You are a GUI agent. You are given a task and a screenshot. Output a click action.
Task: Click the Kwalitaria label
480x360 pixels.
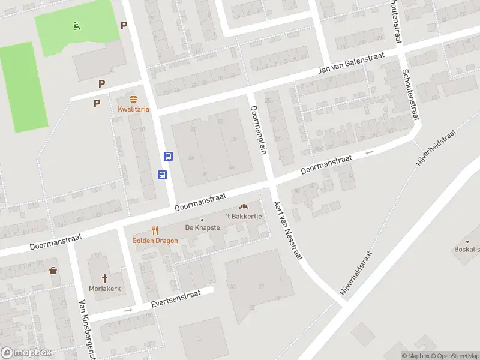tap(133, 109)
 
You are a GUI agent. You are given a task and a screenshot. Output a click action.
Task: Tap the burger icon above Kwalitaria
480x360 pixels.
tap(133, 98)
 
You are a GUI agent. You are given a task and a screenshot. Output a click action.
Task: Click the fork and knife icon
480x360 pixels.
tap(155, 230)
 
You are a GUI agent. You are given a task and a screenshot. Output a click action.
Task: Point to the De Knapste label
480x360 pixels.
tap(202, 227)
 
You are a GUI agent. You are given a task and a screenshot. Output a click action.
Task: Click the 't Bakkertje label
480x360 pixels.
tap(244, 216)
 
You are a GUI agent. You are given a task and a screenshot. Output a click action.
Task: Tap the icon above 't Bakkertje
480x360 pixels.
tap(244, 206)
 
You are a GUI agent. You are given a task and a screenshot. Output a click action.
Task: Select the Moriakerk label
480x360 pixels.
tap(104, 289)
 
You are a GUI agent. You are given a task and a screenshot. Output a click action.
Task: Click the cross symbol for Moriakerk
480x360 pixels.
tap(104, 278)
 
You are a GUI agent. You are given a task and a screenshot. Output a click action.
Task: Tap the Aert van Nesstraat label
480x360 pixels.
tap(289, 231)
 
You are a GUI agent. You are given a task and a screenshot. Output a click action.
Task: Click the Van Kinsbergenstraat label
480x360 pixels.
tap(87, 330)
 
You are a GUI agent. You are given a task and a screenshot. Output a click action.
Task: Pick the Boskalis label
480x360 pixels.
tap(466, 249)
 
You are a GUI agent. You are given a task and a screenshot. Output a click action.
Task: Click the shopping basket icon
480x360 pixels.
tap(54, 270)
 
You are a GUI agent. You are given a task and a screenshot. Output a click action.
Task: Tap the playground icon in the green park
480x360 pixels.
tap(76, 25)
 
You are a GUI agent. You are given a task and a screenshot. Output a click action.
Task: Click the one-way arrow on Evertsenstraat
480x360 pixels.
tap(128, 310)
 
